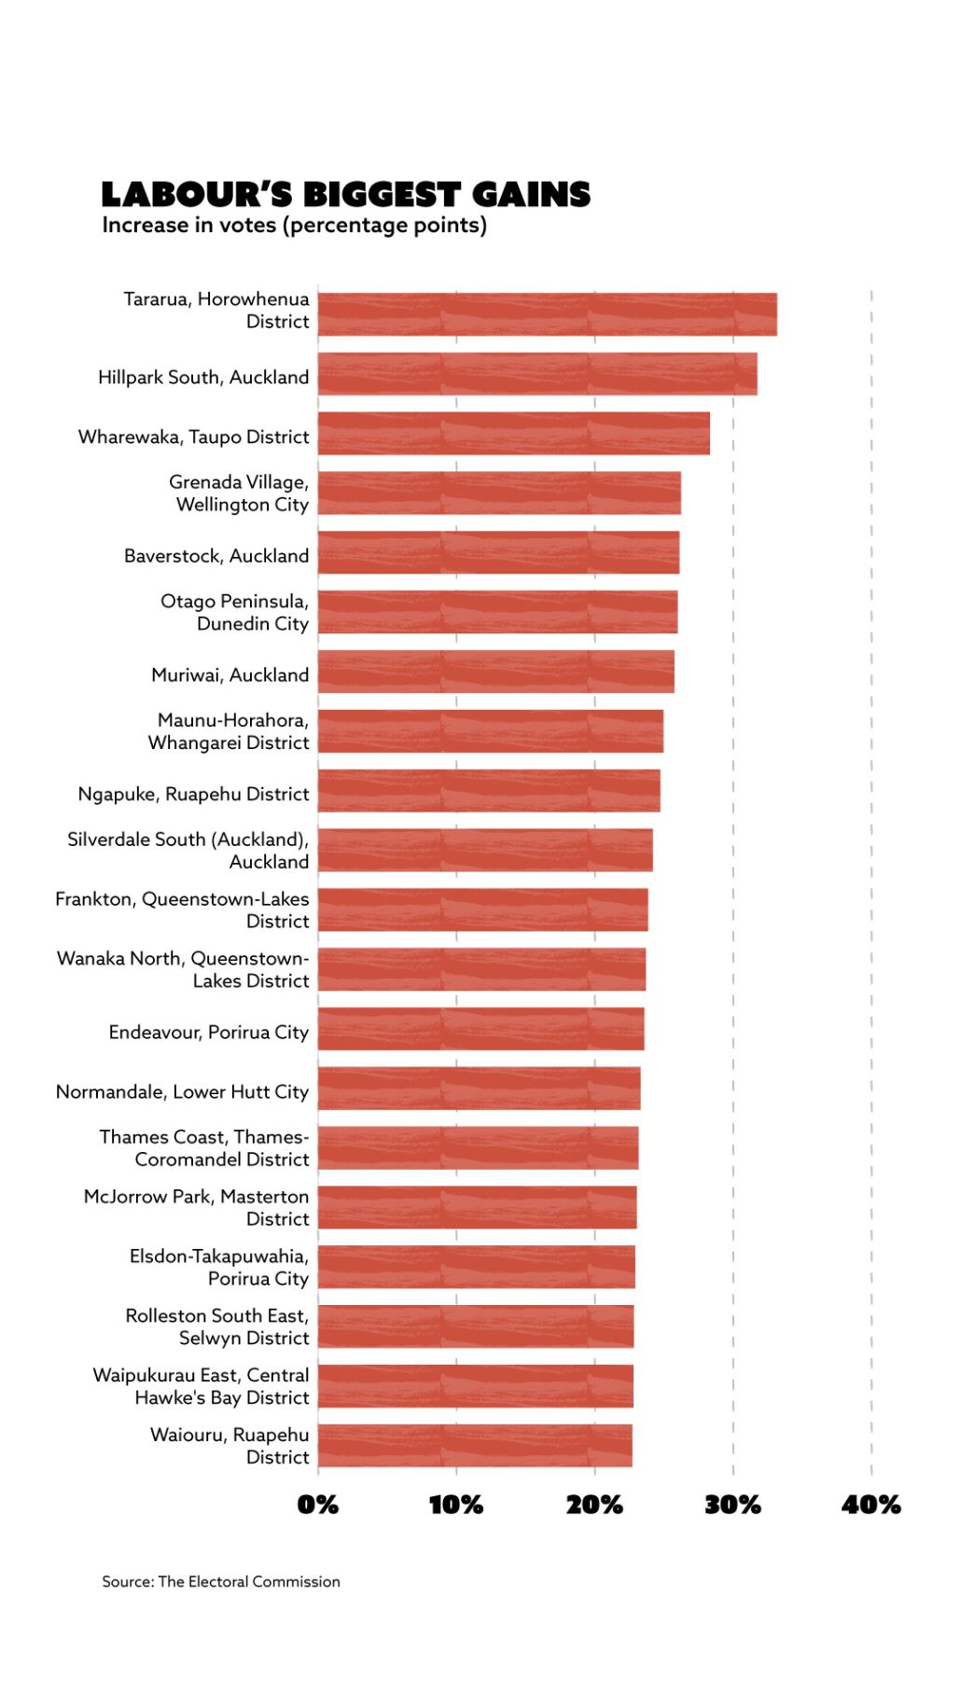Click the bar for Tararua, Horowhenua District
click(547, 314)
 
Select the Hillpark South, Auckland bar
click(536, 374)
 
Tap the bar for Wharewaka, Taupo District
click(513, 434)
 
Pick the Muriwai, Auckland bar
click(495, 672)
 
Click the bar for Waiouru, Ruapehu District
click(474, 1445)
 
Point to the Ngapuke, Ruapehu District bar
click(488, 791)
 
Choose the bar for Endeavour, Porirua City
click(480, 1029)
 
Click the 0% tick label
click(317, 1505)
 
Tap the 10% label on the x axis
click(455, 1505)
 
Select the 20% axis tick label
click(594, 1505)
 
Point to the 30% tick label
click(732, 1505)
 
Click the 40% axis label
click(870, 1505)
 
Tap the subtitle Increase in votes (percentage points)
click(294, 226)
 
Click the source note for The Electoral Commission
click(221, 1581)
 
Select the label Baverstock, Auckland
click(216, 556)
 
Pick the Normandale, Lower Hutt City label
click(182, 1091)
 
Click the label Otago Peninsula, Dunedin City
click(234, 612)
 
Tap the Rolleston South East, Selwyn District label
click(217, 1326)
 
